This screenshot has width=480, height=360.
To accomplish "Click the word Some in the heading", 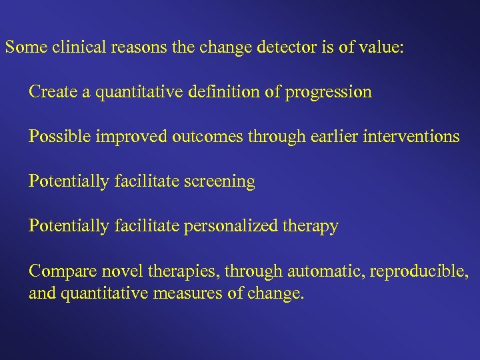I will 23,48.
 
